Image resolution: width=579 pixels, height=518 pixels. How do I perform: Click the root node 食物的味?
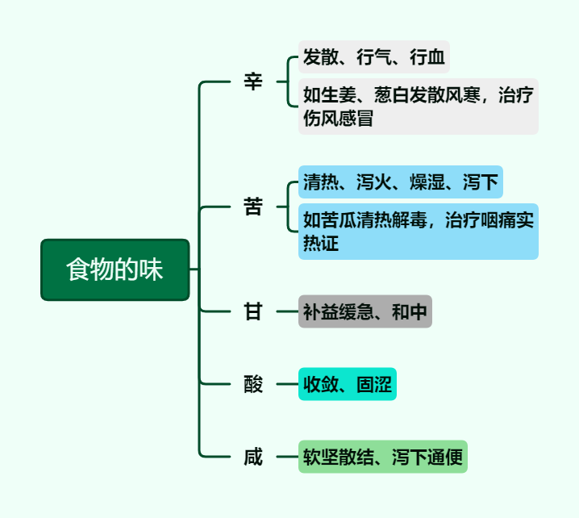pos(115,269)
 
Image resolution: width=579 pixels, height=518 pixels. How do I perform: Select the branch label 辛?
pos(253,81)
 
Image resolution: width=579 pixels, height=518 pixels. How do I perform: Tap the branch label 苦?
pos(253,207)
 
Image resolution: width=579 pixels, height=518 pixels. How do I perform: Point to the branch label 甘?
pos(253,311)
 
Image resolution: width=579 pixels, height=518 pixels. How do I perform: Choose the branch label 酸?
pos(253,384)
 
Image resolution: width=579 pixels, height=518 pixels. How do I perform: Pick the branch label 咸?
pos(253,457)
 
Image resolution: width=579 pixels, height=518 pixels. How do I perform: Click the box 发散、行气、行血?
pos(373,57)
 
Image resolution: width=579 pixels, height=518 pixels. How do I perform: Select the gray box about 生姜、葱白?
pos(418,107)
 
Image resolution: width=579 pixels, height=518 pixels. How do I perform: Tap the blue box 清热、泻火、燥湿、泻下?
pos(400,182)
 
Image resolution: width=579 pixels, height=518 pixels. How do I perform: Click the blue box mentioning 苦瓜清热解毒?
pos(418,232)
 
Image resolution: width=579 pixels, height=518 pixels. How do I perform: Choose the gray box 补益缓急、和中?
pos(364,311)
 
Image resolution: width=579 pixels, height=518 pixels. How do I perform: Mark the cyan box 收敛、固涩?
pos(347,384)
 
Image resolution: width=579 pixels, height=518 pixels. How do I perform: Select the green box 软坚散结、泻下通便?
pos(382,457)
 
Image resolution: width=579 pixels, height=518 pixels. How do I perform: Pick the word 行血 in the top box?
pos(427,57)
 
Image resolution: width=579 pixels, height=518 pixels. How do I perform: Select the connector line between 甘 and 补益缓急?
pos(286,311)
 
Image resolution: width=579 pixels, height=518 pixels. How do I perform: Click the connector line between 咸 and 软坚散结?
pos(286,457)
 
